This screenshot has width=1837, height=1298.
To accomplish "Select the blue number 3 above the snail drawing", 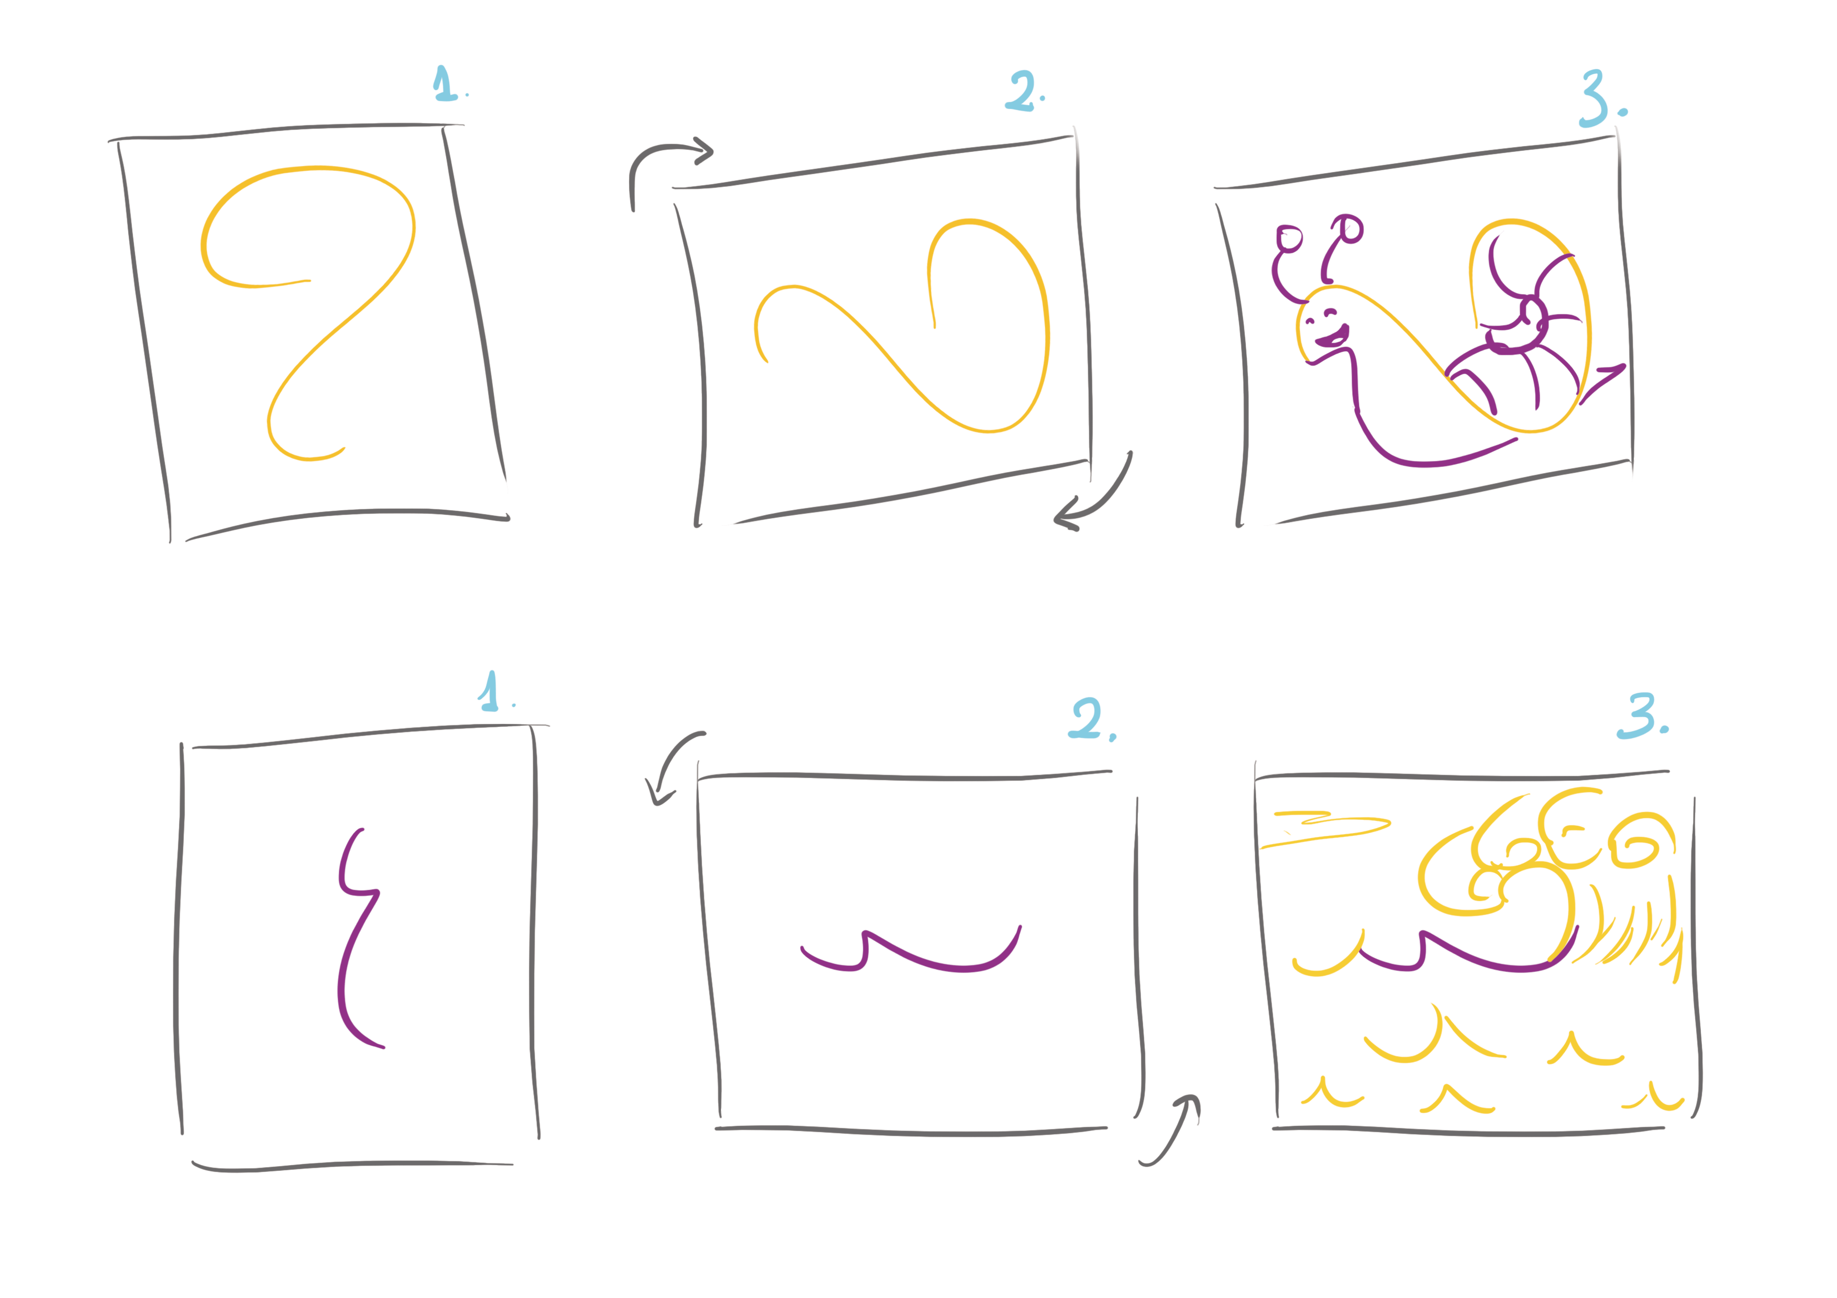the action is click(1595, 98).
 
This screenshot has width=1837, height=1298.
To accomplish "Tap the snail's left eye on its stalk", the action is click(1289, 238).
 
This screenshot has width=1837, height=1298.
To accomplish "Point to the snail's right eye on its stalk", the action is click(1350, 229).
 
